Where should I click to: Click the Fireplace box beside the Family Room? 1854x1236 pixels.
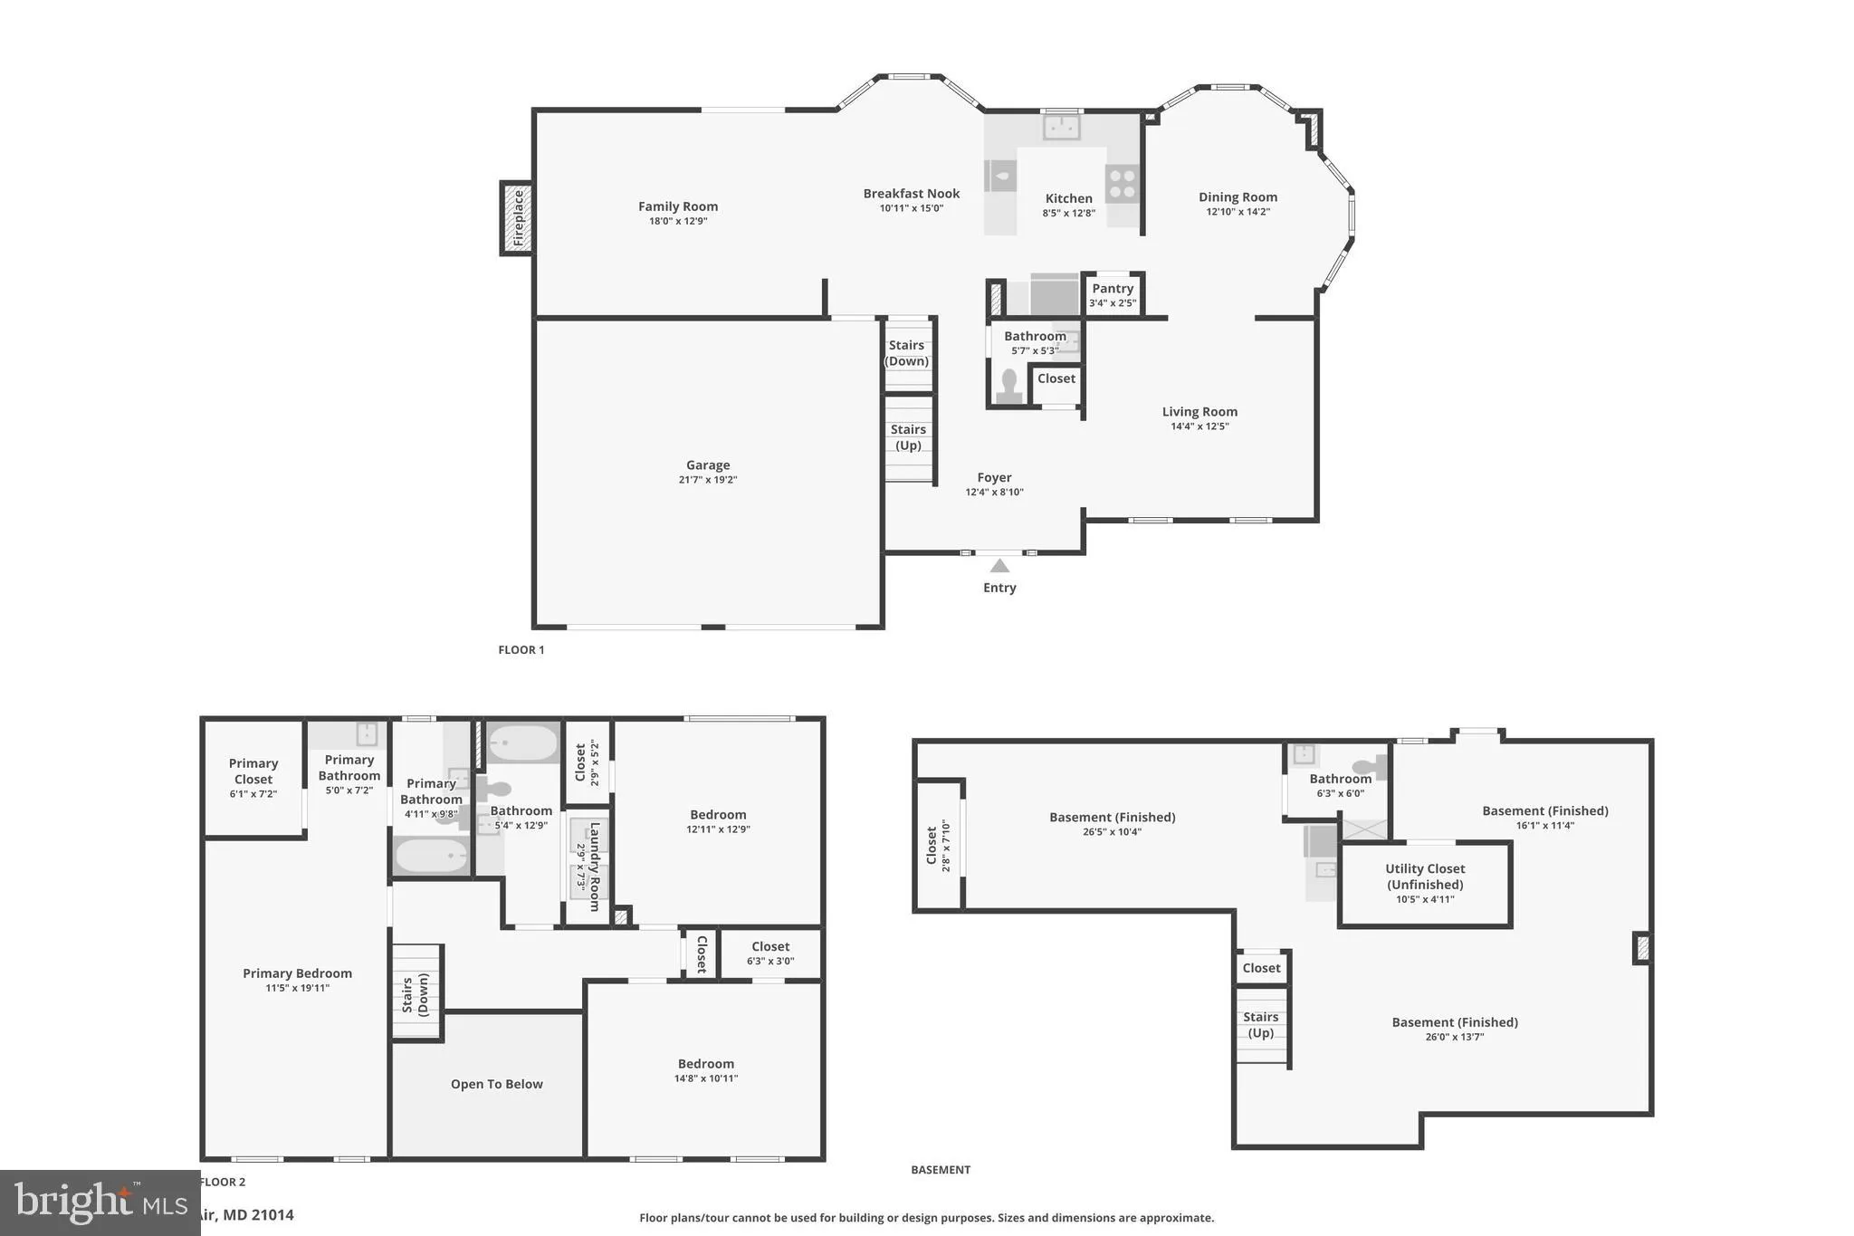coord(517,218)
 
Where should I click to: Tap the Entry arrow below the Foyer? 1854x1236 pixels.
coord(999,566)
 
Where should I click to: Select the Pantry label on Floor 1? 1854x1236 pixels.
coord(1113,289)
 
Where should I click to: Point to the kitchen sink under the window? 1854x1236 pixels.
coord(1061,127)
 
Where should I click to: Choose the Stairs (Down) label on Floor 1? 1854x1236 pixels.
coord(907,353)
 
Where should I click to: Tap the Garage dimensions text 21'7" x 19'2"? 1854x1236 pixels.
coord(708,480)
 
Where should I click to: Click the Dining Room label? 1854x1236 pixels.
coord(1238,197)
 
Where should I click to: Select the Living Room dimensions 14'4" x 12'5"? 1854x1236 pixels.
coord(1199,426)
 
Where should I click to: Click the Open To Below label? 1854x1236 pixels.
coord(496,1084)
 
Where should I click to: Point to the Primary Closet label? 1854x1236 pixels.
coord(253,771)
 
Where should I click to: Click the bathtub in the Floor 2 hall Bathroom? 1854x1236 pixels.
coord(523,745)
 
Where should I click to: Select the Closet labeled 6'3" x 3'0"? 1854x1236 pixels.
coord(770,953)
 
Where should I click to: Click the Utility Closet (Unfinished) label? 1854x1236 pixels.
coord(1425,877)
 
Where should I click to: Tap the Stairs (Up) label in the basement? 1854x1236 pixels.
coord(1260,1025)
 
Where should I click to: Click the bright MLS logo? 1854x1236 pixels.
coord(100,1202)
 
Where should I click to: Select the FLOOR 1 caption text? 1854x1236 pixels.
coord(521,650)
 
